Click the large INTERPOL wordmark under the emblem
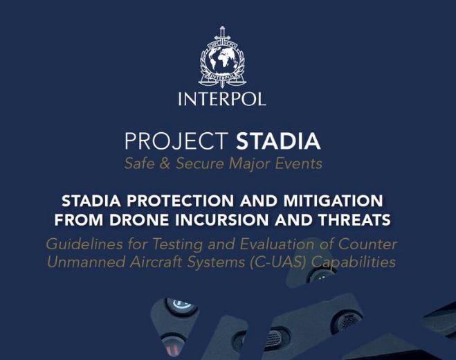222,99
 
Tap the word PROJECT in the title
176,141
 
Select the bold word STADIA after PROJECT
278,141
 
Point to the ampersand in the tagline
165,163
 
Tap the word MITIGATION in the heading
334,201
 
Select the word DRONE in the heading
139,220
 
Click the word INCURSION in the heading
222,220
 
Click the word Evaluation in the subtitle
277,244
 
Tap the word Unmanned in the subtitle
86,262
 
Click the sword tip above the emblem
223,27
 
